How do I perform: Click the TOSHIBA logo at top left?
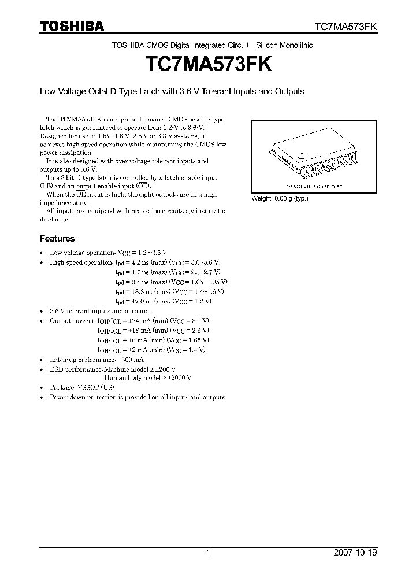click(x=72, y=27)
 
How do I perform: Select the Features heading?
click(x=57, y=238)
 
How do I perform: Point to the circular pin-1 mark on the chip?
click(x=302, y=154)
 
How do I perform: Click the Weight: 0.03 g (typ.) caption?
click(x=280, y=198)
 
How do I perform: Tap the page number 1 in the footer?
click(x=208, y=553)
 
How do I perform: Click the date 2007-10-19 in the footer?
click(x=355, y=553)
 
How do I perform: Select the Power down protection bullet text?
click(x=138, y=397)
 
